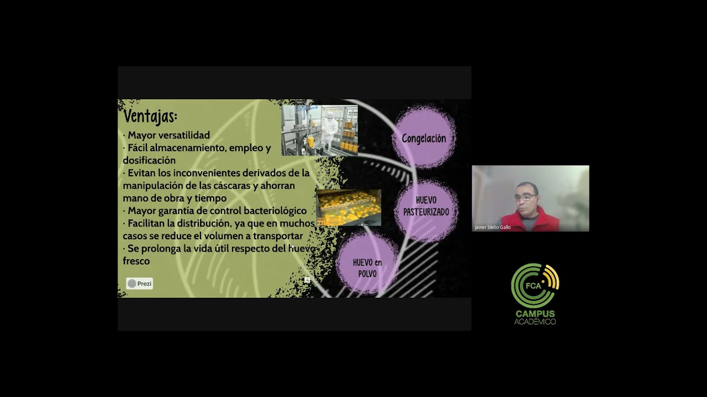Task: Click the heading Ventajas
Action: click(x=150, y=117)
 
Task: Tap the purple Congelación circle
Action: click(x=424, y=138)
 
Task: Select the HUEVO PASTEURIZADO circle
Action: click(x=426, y=206)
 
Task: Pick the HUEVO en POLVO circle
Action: click(x=367, y=267)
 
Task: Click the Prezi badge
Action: click(x=140, y=283)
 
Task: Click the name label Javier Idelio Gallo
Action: click(x=493, y=227)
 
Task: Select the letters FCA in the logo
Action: click(x=533, y=286)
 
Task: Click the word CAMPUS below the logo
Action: click(x=535, y=314)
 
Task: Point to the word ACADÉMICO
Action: click(x=535, y=321)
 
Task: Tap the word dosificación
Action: click(x=149, y=160)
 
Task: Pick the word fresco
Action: click(x=136, y=261)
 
